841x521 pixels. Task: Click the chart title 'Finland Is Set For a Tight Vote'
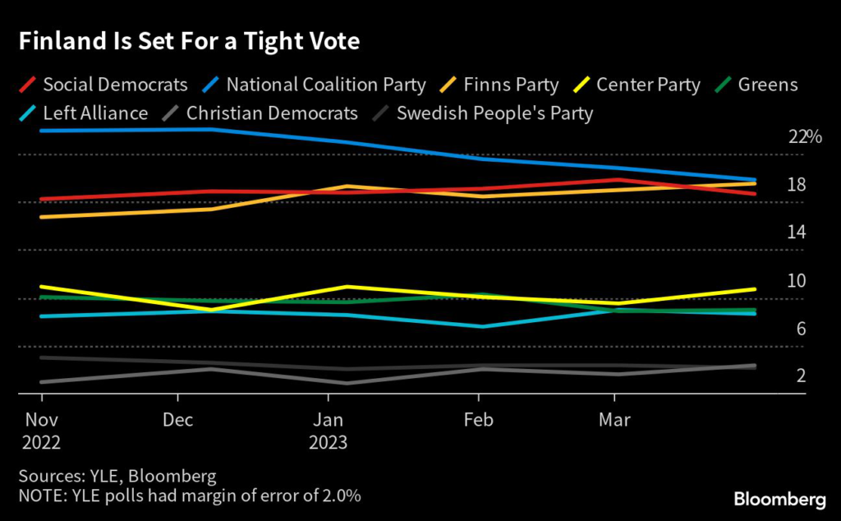pyautogui.click(x=190, y=42)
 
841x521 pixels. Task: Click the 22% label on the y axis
pyautogui.click(x=805, y=137)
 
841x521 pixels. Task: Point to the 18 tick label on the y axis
pyautogui.click(x=797, y=185)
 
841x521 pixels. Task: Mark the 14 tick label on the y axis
pyautogui.click(x=797, y=233)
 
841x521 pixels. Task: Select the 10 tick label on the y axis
pyautogui.click(x=797, y=281)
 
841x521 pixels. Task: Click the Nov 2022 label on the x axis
pyautogui.click(x=41, y=431)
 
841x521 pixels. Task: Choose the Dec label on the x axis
pyautogui.click(x=178, y=420)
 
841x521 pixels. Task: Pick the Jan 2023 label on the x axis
pyautogui.click(x=329, y=431)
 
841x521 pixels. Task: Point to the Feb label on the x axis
pyautogui.click(x=478, y=420)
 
